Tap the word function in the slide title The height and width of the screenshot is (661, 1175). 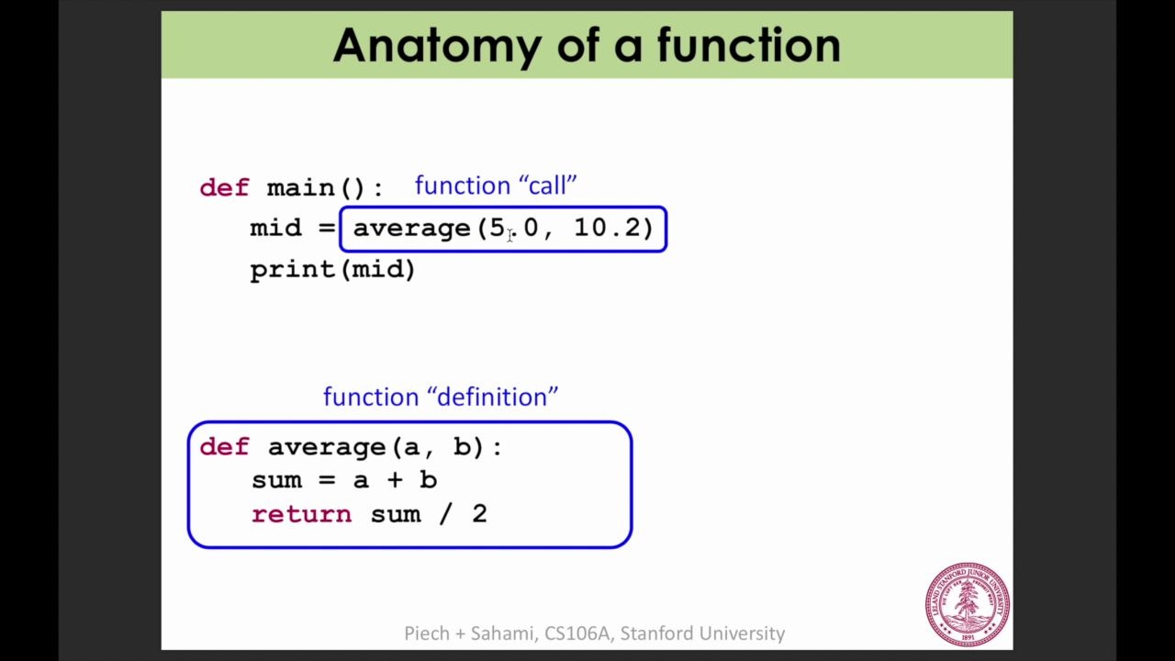coord(749,45)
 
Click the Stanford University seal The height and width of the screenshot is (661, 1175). coord(968,604)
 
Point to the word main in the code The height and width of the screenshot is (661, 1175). coord(300,188)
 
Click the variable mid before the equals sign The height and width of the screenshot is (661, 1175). coord(275,228)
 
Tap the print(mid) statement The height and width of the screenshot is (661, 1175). coord(332,270)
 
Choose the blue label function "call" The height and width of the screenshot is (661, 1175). coord(496,185)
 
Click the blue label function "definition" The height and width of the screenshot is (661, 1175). coord(441,397)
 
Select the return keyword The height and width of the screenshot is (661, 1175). coord(302,514)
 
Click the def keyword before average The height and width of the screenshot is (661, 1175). coord(225,447)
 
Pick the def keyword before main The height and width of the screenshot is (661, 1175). coord(225,187)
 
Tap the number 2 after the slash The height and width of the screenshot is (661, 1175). coord(480,513)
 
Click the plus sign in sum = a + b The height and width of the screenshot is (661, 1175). coord(395,480)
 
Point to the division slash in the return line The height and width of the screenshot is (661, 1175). coord(445,514)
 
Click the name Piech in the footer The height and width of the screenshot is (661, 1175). coord(427,633)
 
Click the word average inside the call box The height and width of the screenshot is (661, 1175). coord(412,229)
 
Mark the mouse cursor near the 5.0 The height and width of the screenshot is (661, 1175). coord(509,236)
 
